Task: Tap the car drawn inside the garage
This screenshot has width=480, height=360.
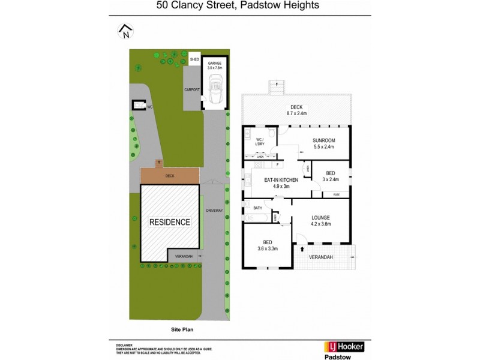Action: click(x=214, y=90)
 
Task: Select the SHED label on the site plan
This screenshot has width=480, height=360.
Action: click(x=194, y=59)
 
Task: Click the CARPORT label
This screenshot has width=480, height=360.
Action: click(x=192, y=89)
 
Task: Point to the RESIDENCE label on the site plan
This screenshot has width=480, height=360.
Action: click(x=170, y=222)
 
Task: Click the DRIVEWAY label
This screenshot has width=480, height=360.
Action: click(x=214, y=211)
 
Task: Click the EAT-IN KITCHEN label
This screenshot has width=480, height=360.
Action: click(x=277, y=182)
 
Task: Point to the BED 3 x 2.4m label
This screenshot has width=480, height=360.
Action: click(x=331, y=176)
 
